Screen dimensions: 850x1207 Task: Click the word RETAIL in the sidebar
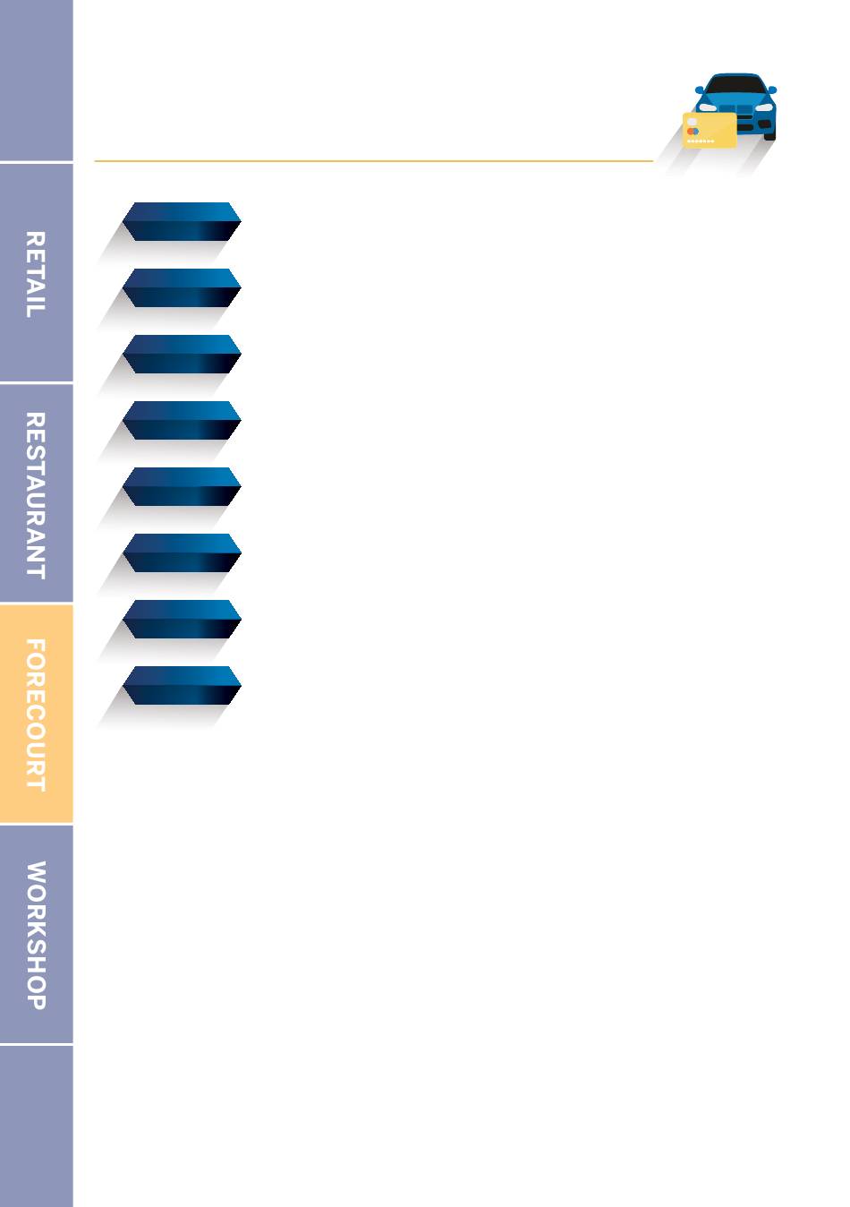(x=35, y=274)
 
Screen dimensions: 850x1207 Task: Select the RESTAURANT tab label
(x=35, y=495)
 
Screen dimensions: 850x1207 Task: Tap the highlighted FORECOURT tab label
(x=35, y=715)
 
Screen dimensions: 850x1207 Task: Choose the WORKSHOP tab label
(x=35, y=935)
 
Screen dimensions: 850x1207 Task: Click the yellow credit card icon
(x=710, y=130)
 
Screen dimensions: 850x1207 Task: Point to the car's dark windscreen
(x=736, y=86)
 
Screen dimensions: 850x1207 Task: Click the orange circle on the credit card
(x=691, y=132)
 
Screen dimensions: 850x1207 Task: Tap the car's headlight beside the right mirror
(x=763, y=107)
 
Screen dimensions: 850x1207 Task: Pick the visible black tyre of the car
(x=769, y=134)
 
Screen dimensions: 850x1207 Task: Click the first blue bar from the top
(x=182, y=221)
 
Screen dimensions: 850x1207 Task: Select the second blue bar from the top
(x=182, y=287)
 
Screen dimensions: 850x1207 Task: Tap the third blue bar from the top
(x=182, y=354)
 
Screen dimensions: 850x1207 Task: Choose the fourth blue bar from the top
(x=182, y=420)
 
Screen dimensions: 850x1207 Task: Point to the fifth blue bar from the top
(x=182, y=486)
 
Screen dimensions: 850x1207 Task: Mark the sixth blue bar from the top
(x=182, y=552)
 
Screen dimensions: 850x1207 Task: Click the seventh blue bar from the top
(x=182, y=619)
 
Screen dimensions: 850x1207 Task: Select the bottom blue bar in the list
(x=182, y=685)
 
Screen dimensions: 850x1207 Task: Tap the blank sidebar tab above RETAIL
(x=36, y=81)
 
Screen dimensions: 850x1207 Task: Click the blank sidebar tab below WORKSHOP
(x=36, y=1126)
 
